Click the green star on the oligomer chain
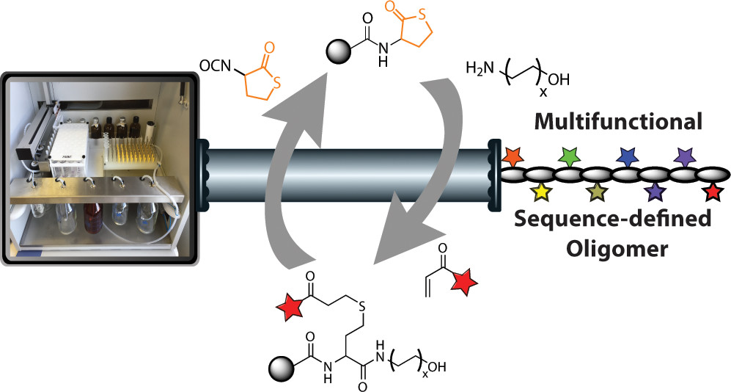(568, 155)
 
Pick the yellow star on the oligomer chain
(540, 192)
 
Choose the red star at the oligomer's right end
(711, 192)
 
